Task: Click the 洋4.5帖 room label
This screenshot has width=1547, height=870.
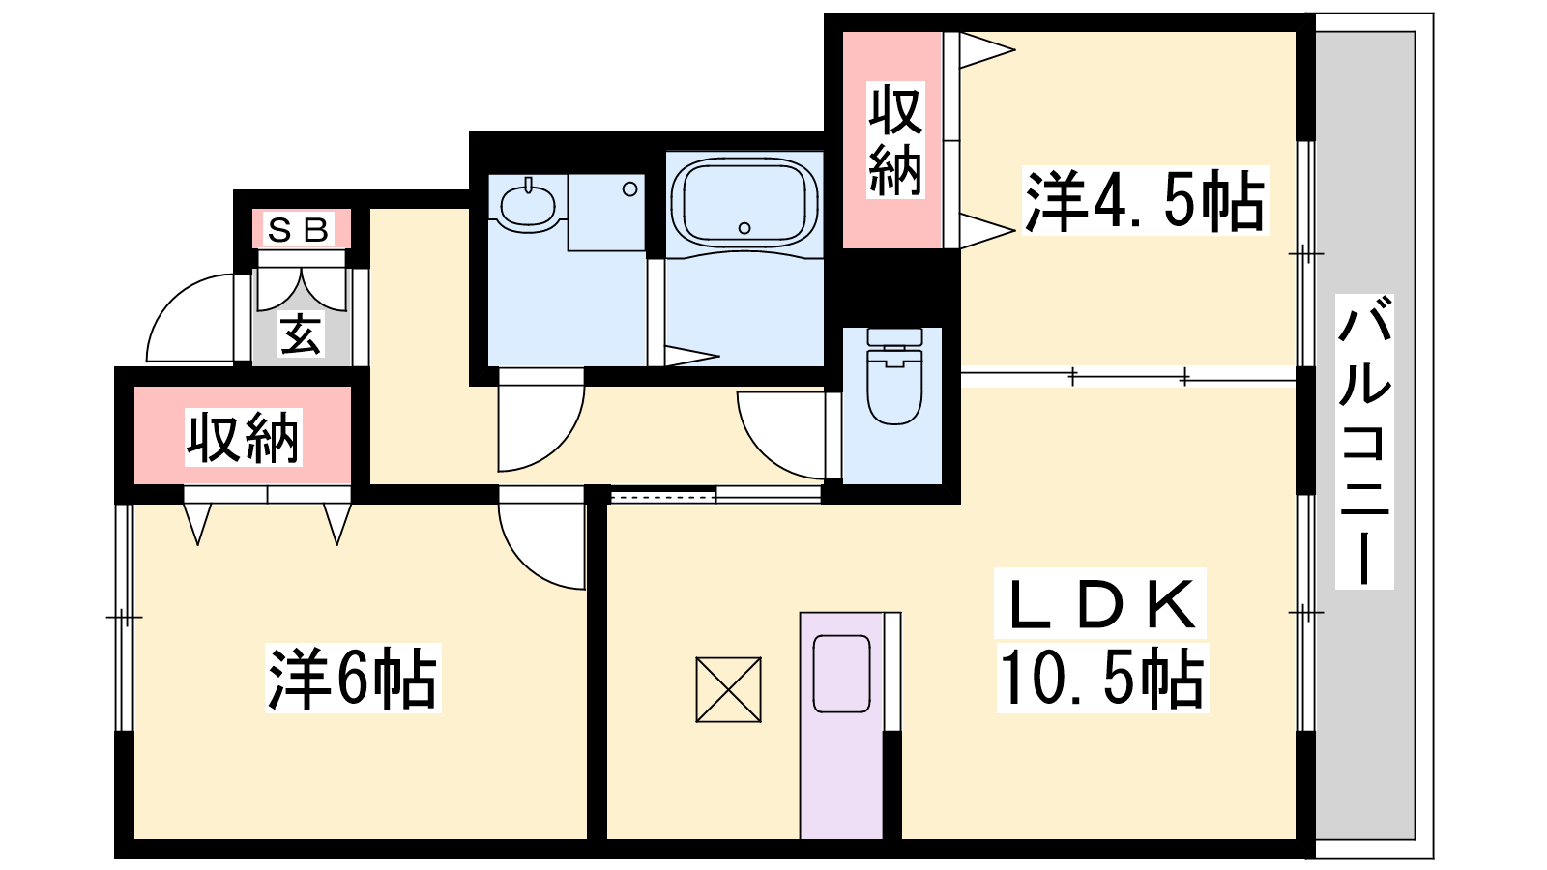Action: (x=1145, y=200)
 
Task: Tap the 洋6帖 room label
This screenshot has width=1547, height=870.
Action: (x=353, y=678)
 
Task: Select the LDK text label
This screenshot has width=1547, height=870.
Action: (x=1100, y=604)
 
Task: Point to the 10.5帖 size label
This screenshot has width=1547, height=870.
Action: (x=1101, y=678)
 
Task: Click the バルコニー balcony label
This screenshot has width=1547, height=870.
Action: (x=1364, y=442)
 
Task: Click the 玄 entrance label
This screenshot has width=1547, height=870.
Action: (x=301, y=334)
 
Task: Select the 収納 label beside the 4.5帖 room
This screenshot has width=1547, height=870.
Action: (x=895, y=140)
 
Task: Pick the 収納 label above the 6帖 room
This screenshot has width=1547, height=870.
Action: (x=243, y=438)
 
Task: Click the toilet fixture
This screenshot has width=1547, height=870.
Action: (x=894, y=376)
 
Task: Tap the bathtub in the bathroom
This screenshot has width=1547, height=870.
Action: (x=744, y=202)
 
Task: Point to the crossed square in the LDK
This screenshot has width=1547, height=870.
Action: (x=729, y=689)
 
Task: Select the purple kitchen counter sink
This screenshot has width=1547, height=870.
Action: (x=841, y=674)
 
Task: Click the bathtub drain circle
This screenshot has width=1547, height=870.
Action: (x=744, y=228)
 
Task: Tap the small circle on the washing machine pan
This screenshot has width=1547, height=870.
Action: (x=629, y=188)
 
